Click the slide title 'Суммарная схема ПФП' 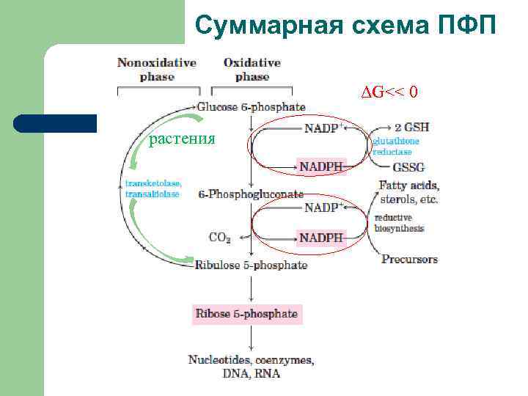pos(345,26)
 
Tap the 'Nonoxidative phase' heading pos(157,70)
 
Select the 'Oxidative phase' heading pos(252,70)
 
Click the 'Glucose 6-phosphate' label pos(252,107)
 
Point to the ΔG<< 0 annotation pos(389,92)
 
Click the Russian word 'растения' pos(182,139)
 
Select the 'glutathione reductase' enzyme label pos(397,146)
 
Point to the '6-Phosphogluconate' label pos(251,195)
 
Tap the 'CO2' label pos(220,238)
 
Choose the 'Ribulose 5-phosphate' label pos(251,265)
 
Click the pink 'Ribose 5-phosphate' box pos(246,314)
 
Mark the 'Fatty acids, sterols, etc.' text pos(409,192)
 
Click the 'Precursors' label pos(409,259)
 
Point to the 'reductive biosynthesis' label pos(399,223)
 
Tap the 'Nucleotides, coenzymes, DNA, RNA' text pos(251,367)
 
